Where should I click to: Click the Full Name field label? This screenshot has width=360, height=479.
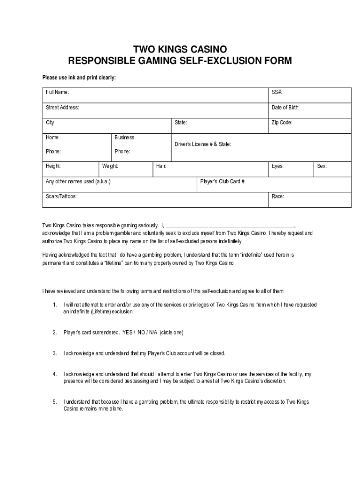(58, 93)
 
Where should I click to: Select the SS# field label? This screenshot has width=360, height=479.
(277, 93)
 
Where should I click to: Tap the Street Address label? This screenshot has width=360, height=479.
(62, 108)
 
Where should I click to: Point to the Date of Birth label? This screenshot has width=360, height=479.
(285, 108)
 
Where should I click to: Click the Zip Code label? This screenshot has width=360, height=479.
(282, 123)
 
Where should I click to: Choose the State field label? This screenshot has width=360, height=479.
(181, 123)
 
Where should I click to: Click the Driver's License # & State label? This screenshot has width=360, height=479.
(202, 145)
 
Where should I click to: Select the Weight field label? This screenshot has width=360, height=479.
(110, 166)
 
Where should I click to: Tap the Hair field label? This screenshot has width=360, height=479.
(161, 166)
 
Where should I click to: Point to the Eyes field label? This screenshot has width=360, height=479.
(278, 166)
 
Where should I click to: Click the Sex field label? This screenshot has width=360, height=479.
(322, 166)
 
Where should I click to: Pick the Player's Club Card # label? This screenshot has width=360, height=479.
(223, 181)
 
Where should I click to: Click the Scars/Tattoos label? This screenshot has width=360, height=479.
(61, 196)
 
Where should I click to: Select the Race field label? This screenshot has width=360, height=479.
(278, 196)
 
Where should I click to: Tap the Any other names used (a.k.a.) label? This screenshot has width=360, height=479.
(79, 181)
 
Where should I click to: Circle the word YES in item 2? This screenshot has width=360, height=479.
(128, 333)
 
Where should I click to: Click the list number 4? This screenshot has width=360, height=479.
(55, 374)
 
